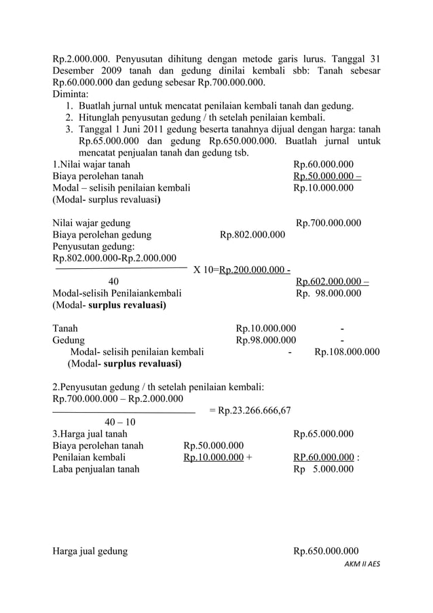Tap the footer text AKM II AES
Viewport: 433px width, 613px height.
tap(363, 564)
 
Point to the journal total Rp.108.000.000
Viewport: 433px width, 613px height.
tap(347, 352)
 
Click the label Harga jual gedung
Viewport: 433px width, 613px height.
tap(90, 551)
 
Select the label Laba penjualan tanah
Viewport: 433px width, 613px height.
tap(96, 468)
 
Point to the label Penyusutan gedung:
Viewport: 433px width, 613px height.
tap(93, 246)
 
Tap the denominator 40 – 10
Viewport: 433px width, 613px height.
tap(119, 422)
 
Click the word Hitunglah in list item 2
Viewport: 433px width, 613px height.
tap(100, 117)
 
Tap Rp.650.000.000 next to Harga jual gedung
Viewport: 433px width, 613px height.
tap(326, 551)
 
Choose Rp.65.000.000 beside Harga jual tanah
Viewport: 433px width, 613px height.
tap(323, 434)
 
